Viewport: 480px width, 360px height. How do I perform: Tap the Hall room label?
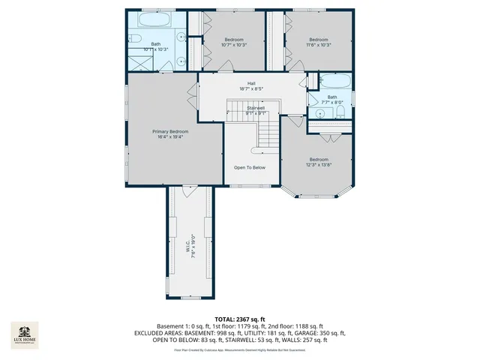click(x=251, y=83)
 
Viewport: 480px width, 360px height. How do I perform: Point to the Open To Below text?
click(x=250, y=167)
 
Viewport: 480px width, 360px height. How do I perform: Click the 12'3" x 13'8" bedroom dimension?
click(x=319, y=165)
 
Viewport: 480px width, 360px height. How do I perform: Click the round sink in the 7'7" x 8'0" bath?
click(x=319, y=114)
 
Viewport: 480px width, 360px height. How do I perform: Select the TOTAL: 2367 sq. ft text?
click(x=240, y=319)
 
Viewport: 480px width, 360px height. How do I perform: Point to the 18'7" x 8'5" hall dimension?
click(x=251, y=90)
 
